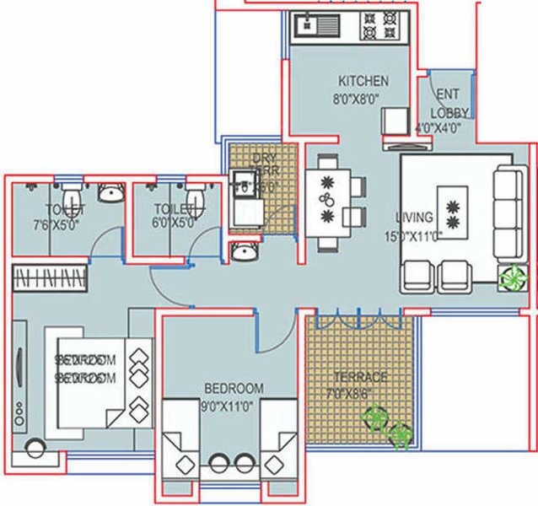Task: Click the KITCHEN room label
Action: tap(363, 81)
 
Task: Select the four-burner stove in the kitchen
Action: tap(379, 26)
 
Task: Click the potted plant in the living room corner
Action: tap(509, 277)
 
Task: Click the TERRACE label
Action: tap(360, 376)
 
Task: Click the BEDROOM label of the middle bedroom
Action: tap(234, 388)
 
